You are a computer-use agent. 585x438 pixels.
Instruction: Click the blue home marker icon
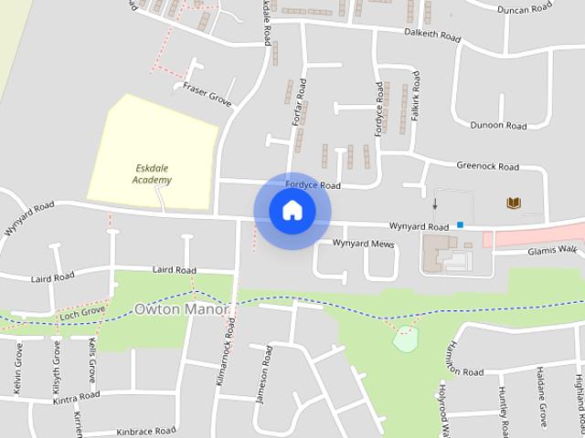(292, 211)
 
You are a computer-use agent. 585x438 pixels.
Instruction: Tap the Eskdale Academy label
(152, 174)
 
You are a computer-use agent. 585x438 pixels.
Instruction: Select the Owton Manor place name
(181, 309)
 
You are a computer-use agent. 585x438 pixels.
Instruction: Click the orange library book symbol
(514, 203)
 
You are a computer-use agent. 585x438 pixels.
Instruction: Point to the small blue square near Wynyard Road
(461, 224)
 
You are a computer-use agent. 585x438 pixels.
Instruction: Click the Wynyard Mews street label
(362, 244)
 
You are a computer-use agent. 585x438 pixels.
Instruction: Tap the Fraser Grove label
(207, 92)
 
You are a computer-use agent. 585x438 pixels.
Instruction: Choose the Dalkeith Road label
(431, 34)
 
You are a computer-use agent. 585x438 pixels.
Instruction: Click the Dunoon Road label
(497, 125)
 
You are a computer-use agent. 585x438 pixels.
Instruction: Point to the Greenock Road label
(486, 167)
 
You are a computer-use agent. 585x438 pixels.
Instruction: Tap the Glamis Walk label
(553, 249)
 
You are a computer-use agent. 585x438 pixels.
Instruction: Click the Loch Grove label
(82, 312)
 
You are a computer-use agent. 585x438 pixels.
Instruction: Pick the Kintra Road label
(75, 398)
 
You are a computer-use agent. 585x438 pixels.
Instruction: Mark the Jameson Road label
(263, 374)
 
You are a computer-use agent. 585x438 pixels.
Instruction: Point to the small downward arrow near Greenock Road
(435, 203)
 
